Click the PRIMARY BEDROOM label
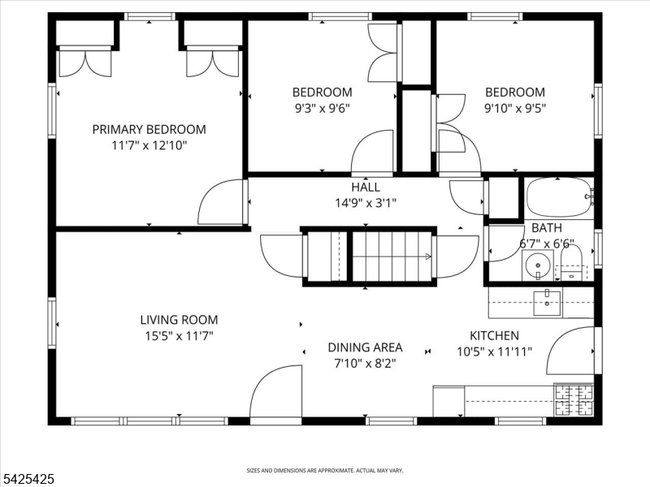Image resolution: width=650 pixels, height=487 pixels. (x=149, y=130)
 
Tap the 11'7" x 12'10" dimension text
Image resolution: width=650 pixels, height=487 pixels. (x=149, y=146)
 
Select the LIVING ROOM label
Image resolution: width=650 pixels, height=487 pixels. (x=179, y=320)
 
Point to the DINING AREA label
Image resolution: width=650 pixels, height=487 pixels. (x=365, y=347)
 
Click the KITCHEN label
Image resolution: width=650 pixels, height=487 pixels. (x=494, y=335)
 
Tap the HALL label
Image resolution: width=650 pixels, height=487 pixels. (x=366, y=187)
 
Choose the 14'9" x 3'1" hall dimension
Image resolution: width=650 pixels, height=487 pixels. (x=366, y=204)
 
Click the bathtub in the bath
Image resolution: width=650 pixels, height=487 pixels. (x=559, y=197)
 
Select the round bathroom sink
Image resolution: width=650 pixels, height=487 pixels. (x=538, y=265)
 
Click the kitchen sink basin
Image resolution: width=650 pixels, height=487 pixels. (x=547, y=303)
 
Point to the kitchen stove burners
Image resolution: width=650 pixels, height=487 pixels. (x=574, y=400)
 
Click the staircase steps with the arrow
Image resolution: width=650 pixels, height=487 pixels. (x=392, y=256)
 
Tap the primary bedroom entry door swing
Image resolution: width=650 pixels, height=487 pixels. (x=221, y=201)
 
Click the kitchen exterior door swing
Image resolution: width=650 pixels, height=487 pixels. (x=571, y=351)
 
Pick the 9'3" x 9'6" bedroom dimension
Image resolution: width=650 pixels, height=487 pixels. (x=322, y=109)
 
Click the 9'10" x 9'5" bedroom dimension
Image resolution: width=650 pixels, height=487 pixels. (x=515, y=109)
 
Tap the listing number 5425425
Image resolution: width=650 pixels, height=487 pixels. (x=28, y=479)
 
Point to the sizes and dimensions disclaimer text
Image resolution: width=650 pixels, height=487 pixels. (x=325, y=471)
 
